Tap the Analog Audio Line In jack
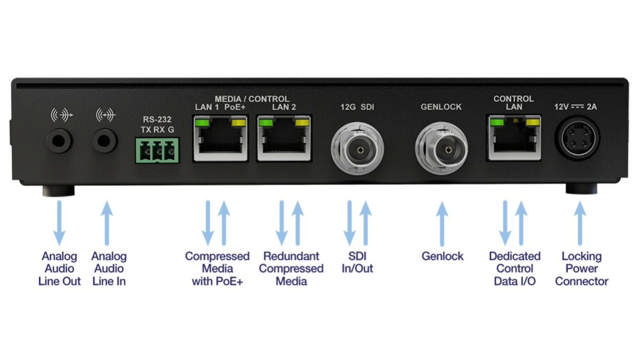pyautogui.click(x=104, y=142)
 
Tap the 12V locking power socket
pyautogui.click(x=579, y=142)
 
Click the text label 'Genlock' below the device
pyautogui.click(x=442, y=257)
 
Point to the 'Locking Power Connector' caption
pyautogui.click(x=582, y=270)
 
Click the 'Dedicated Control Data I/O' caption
pyautogui.click(x=514, y=270)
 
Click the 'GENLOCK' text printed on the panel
pyautogui.click(x=440, y=103)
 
